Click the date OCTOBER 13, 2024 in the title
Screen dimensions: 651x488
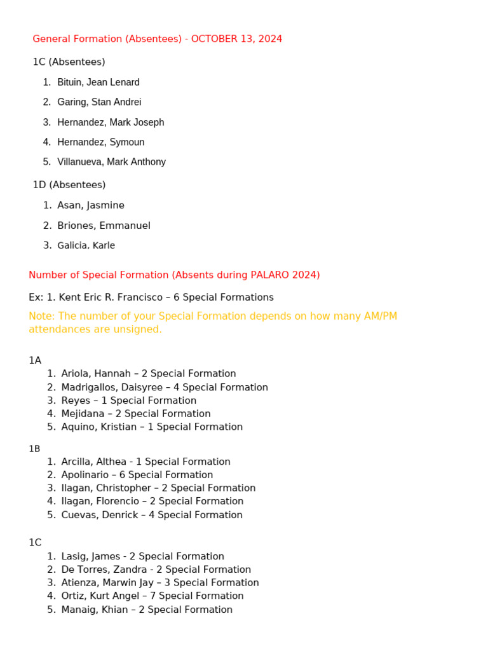pyautogui.click(x=236, y=39)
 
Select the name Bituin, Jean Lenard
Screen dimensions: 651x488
pyautogui.click(x=98, y=82)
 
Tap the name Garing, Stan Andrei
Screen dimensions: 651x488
pyautogui.click(x=99, y=102)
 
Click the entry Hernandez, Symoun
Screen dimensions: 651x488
pyautogui.click(x=101, y=142)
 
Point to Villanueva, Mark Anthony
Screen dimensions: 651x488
pyautogui.click(x=111, y=161)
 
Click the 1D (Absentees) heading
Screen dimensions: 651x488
pyautogui.click(x=69, y=184)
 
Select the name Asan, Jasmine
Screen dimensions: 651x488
pyautogui.click(x=91, y=205)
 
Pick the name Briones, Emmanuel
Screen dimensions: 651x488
pyautogui.click(x=104, y=226)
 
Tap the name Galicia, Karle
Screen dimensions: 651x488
pyautogui.click(x=86, y=245)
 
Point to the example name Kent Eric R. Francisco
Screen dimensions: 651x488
pyautogui.click(x=115, y=297)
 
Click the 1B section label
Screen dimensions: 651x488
pyautogui.click(x=34, y=448)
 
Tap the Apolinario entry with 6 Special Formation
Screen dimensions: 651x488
pyautogui.click(x=137, y=475)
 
